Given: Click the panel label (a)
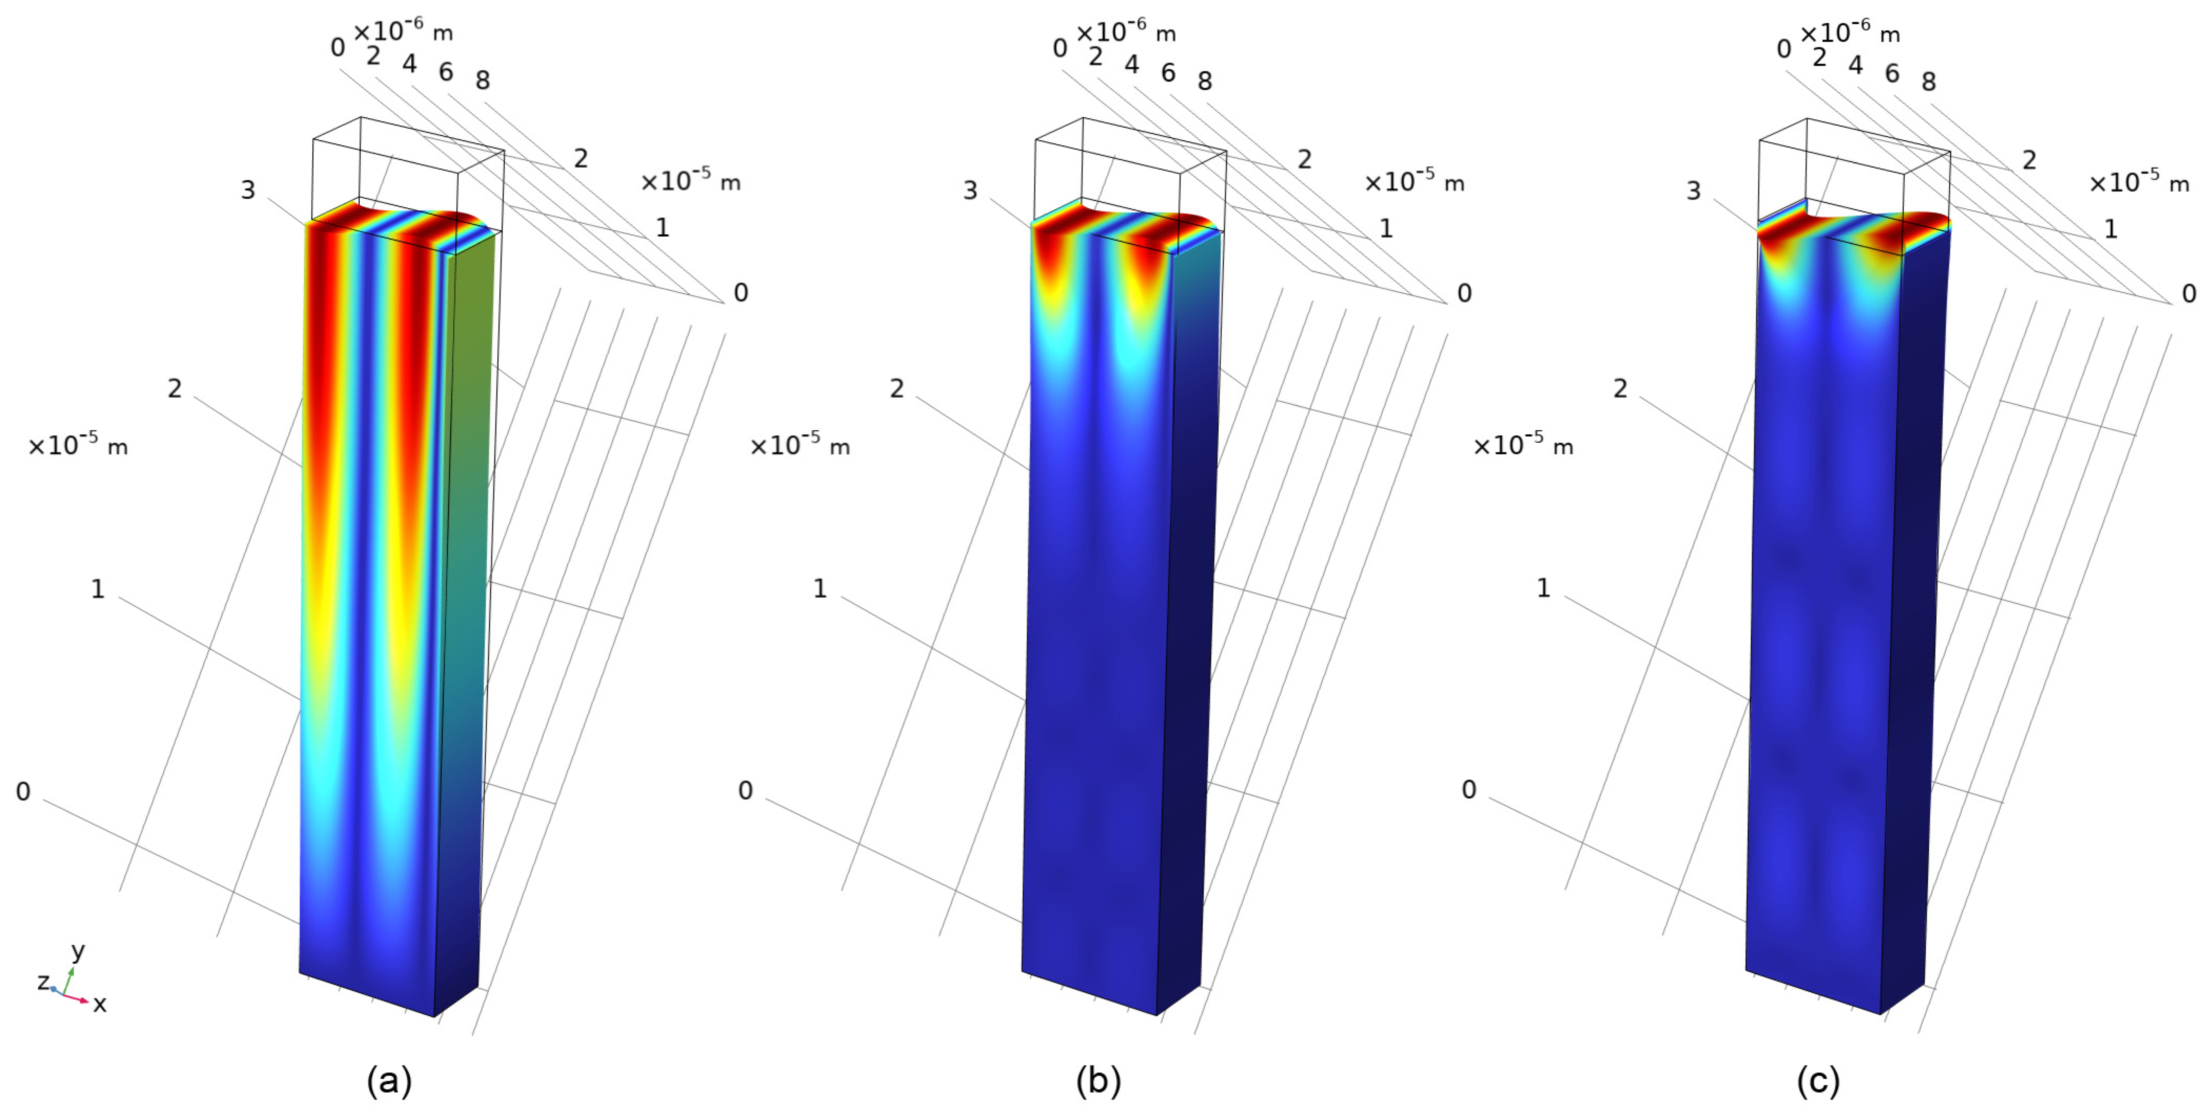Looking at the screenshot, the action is point(389,1081).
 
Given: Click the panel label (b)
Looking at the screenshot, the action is point(1098,1081).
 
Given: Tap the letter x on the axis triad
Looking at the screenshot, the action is point(100,1004).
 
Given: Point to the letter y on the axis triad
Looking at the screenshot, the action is point(78,950).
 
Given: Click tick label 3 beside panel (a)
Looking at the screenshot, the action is point(248,190).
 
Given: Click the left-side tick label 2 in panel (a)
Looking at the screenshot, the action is point(175,388).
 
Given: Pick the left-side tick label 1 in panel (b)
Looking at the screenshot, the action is point(819,588).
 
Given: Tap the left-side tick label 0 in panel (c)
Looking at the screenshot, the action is point(1468,789).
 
